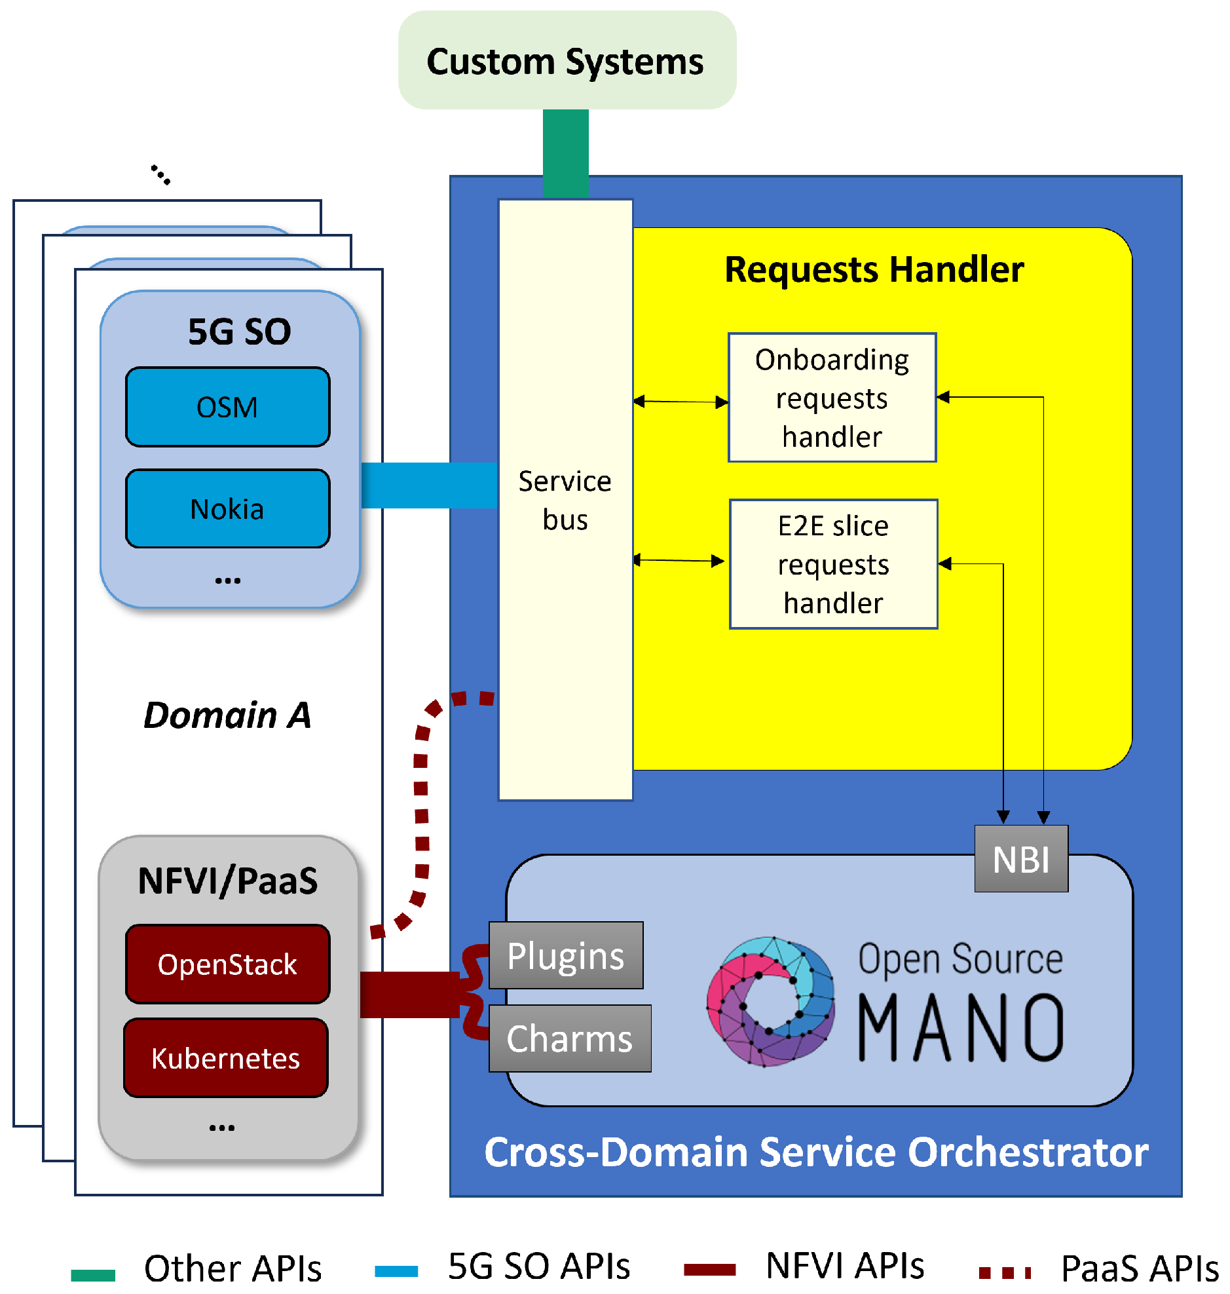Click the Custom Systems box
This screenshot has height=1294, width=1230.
[567, 60]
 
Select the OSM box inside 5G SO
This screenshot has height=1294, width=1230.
[227, 408]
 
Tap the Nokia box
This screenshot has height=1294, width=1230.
[227, 509]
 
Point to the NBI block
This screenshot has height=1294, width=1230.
[1021, 859]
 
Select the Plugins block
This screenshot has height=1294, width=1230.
[566, 955]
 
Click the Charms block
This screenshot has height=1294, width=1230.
[570, 1039]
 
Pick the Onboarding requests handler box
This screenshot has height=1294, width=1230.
[832, 398]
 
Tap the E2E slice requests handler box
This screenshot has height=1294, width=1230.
[833, 565]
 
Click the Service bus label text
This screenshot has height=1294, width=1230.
[565, 501]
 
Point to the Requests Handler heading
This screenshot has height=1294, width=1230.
[874, 269]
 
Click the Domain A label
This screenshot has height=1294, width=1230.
[227, 715]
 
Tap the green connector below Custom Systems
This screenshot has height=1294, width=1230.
[566, 153]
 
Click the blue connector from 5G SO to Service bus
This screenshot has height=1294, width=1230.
[429, 485]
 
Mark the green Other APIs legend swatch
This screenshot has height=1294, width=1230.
[93, 1275]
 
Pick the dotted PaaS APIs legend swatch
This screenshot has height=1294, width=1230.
[1005, 1273]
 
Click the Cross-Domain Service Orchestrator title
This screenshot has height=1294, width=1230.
[816, 1152]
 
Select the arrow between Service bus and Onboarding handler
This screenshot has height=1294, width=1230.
[680, 402]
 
